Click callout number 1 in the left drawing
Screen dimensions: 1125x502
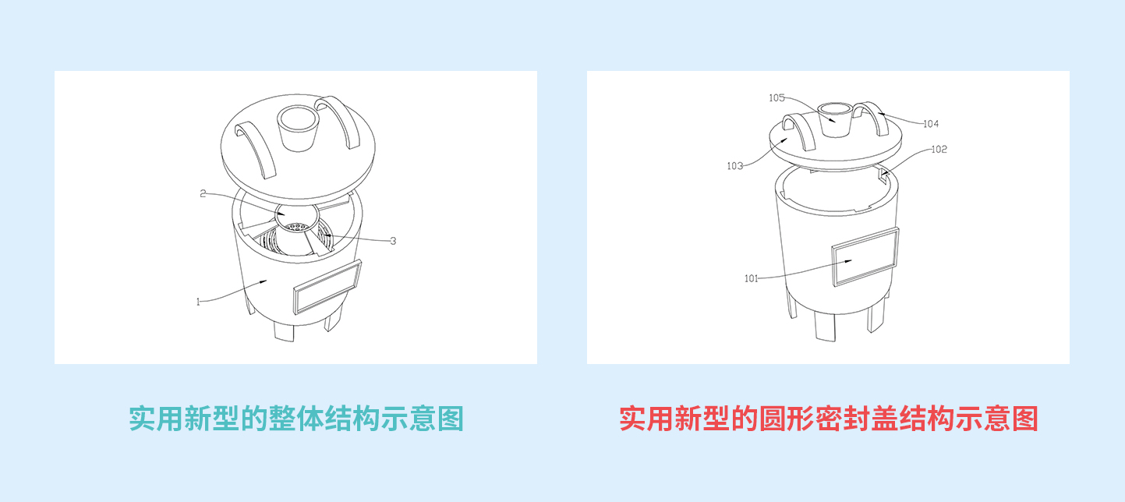point(198,302)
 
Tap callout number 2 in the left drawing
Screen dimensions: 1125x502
point(203,193)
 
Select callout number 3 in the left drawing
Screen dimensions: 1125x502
point(393,241)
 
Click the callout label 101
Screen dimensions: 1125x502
point(752,278)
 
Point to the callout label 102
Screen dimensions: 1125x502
point(939,149)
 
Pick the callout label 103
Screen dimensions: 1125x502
point(734,166)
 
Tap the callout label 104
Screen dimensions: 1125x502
point(931,123)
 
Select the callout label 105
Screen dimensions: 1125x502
point(777,97)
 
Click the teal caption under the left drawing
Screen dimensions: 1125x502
point(296,419)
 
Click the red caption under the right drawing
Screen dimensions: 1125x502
point(829,419)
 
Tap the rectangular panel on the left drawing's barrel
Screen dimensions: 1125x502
point(327,287)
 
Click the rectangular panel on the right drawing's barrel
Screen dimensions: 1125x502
point(865,256)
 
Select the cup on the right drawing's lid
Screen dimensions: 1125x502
point(835,119)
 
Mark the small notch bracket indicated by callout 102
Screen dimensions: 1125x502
point(883,174)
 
